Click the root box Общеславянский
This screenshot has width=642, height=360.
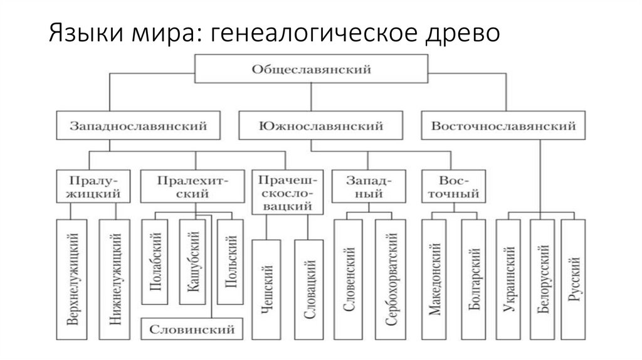[x=311, y=69]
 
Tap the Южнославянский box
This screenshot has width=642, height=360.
[x=311, y=126]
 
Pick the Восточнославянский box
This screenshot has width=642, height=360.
[x=503, y=126]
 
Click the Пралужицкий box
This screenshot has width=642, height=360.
[x=95, y=186]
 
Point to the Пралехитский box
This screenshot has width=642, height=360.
[x=192, y=186]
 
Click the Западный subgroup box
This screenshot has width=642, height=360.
[x=364, y=186]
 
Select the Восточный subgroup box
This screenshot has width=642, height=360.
[x=453, y=186]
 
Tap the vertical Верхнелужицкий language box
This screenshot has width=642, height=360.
[x=71, y=279]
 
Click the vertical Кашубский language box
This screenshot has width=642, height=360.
[x=192, y=262]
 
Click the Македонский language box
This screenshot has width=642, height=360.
[x=434, y=279]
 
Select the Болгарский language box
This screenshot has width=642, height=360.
[x=473, y=279]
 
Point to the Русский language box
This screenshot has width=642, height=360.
[x=573, y=279]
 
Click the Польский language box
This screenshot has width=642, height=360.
[x=230, y=262]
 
